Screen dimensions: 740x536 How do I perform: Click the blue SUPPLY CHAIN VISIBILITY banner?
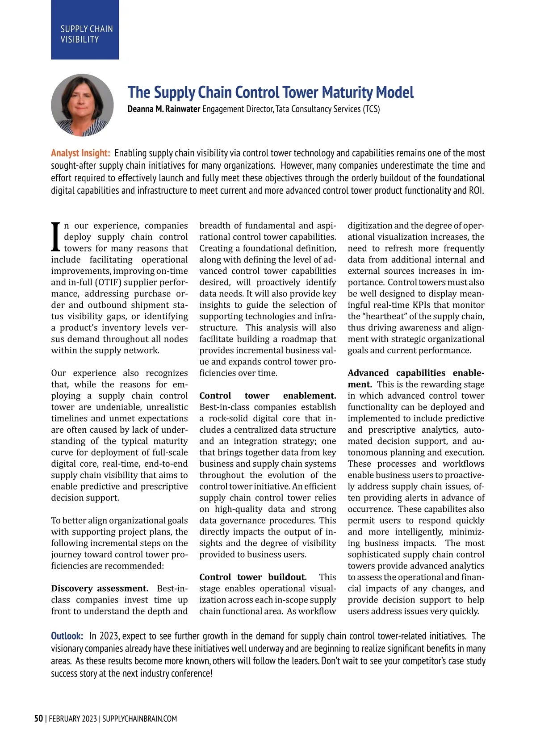pos(85,30)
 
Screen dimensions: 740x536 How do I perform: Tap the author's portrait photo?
pos(82,105)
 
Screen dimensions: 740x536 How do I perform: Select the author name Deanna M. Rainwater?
pos(163,109)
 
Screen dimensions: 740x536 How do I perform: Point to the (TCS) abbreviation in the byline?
pos(371,109)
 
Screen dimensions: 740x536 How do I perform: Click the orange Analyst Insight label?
pos(80,153)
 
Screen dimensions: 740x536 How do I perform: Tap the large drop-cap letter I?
pos(55,237)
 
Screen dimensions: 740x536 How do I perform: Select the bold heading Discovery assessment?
pos(100,589)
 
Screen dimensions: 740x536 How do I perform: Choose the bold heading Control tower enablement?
pos(268,396)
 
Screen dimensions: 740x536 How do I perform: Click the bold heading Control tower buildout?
pos(253,577)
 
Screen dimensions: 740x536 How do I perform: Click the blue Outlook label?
pos(67,636)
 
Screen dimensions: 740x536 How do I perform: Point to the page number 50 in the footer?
pos(39,719)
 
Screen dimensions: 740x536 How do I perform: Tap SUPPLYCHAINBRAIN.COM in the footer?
pos(139,719)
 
